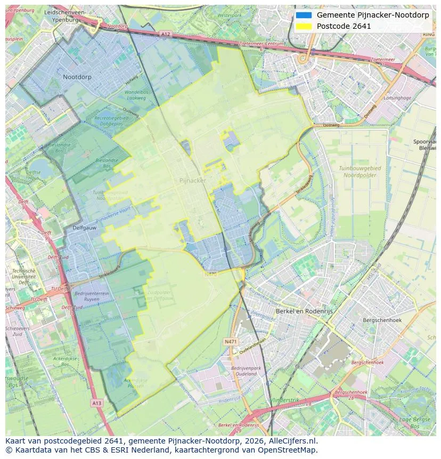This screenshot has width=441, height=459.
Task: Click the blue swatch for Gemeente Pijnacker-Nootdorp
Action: (304, 15)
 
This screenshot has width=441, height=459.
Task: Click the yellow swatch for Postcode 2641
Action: (304, 26)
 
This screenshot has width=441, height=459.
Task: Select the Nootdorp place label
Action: (77, 77)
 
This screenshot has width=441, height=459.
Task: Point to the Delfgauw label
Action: (84, 228)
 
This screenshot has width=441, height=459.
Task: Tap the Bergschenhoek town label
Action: (382, 320)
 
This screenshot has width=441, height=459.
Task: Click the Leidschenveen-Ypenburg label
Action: (65, 15)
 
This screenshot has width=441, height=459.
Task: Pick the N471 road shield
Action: (231, 341)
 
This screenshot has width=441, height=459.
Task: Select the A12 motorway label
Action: (165, 34)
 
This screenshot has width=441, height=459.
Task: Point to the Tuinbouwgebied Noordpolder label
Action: (361, 171)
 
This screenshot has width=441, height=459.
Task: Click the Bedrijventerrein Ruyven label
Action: (92, 296)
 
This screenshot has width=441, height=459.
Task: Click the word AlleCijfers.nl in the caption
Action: (294, 441)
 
